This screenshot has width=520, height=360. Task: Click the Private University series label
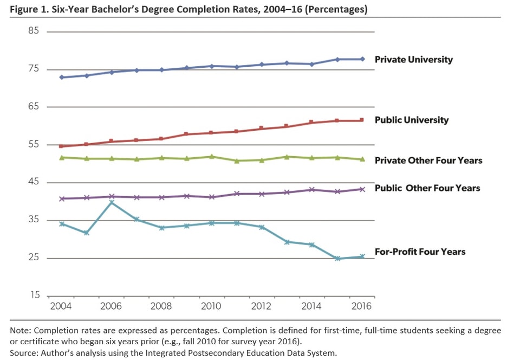tap(414, 60)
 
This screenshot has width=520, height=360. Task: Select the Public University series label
tap(412, 120)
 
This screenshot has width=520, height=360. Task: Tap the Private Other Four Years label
tap(428, 160)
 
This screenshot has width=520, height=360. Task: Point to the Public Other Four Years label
tap(427, 188)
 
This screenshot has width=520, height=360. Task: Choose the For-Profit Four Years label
tap(420, 252)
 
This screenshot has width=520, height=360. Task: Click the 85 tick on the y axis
tap(34, 31)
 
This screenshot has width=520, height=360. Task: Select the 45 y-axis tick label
tap(34, 182)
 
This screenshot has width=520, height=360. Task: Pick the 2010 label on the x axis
tap(211, 306)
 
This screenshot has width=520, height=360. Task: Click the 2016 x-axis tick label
tap(361, 306)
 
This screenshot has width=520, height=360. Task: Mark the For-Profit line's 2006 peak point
tap(112, 202)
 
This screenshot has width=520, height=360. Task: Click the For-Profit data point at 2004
tap(62, 223)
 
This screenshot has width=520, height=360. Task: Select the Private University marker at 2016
tap(362, 59)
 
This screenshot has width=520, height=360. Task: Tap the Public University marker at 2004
tap(62, 146)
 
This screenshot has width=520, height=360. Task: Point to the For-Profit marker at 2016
tap(362, 256)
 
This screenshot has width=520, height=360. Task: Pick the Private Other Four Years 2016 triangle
tap(362, 159)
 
